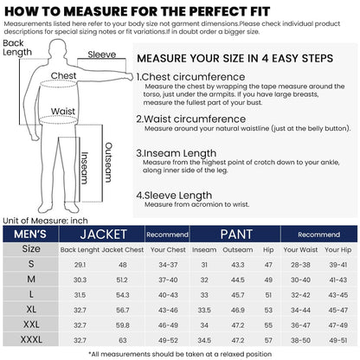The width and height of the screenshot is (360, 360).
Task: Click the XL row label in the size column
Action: (30, 307)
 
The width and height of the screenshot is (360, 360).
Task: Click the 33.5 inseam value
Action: (204, 307)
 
